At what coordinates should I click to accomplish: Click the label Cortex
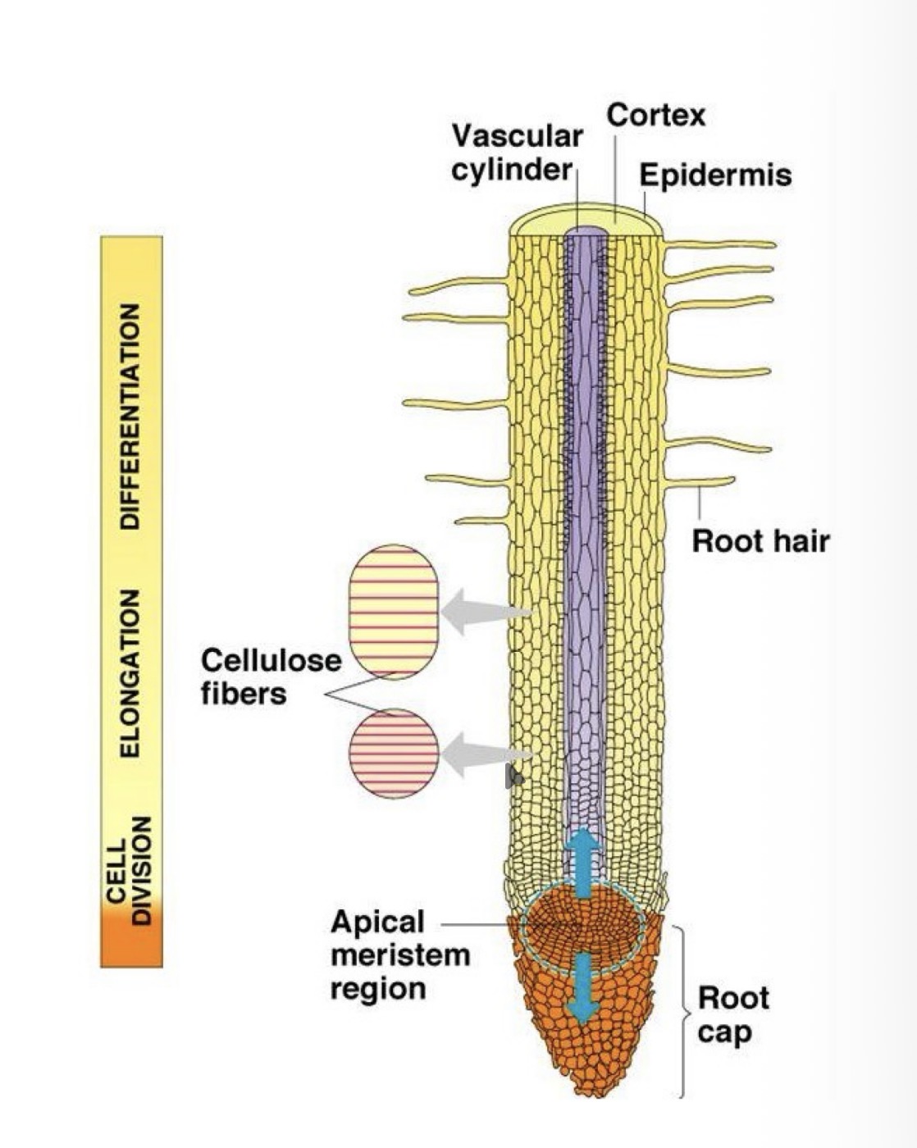click(x=655, y=115)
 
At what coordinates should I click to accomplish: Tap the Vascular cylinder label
click(x=517, y=153)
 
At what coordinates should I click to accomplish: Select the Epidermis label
click(x=715, y=175)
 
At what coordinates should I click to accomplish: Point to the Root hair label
click(x=760, y=541)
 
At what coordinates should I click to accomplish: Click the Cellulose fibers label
click(x=271, y=676)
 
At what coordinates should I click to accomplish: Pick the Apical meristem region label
click(x=399, y=954)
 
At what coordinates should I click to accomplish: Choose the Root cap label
click(x=733, y=1014)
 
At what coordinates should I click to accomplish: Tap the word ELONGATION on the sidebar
click(x=130, y=672)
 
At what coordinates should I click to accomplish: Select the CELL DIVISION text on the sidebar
click(x=130, y=869)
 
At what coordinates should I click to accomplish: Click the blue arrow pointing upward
click(x=582, y=861)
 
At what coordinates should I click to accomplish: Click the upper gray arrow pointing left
click(x=484, y=612)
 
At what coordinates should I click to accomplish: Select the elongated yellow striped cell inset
click(x=394, y=612)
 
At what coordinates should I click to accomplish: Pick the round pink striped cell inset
click(x=394, y=753)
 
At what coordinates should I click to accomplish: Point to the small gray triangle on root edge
click(x=514, y=776)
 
